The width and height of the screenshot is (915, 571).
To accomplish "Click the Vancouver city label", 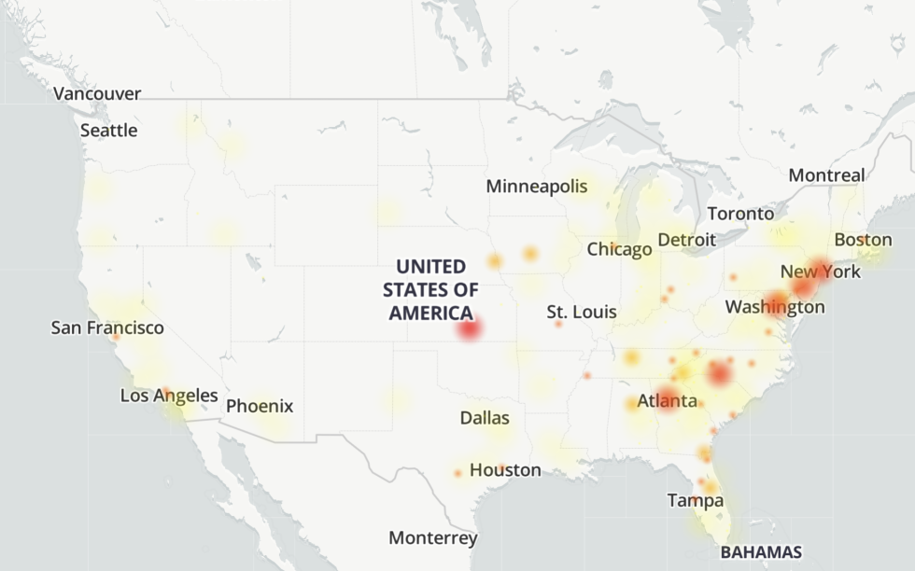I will [x=97, y=93].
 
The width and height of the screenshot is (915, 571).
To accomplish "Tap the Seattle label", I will [x=108, y=131].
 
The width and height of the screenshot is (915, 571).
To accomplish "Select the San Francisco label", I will [x=107, y=327].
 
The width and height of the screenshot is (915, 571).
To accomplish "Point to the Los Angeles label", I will [x=169, y=396].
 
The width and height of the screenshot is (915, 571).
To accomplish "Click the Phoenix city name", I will [x=260, y=406].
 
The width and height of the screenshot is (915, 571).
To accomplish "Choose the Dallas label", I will [x=485, y=418].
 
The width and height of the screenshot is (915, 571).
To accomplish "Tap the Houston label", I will [x=505, y=470].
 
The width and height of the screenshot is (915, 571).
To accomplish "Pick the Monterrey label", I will [x=433, y=538].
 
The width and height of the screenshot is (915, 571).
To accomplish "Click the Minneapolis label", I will [x=537, y=187].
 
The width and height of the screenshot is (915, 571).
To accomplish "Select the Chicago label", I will [x=619, y=249].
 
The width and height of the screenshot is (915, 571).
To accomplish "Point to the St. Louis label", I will [x=582, y=312].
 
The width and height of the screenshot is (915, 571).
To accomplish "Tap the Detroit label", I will [x=686, y=240].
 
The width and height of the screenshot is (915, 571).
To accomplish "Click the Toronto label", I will [x=740, y=214].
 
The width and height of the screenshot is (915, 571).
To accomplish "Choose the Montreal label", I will [x=826, y=175].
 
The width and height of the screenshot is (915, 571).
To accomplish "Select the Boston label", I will [x=863, y=240].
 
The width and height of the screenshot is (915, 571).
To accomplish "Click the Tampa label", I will [x=695, y=501].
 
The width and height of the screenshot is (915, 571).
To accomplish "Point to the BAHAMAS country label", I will [x=761, y=551].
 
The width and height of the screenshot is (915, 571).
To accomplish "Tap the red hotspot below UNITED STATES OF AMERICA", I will [x=469, y=328].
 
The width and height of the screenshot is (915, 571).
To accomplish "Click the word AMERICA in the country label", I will [x=430, y=313].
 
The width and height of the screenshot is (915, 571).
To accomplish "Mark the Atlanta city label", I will [x=667, y=402].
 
